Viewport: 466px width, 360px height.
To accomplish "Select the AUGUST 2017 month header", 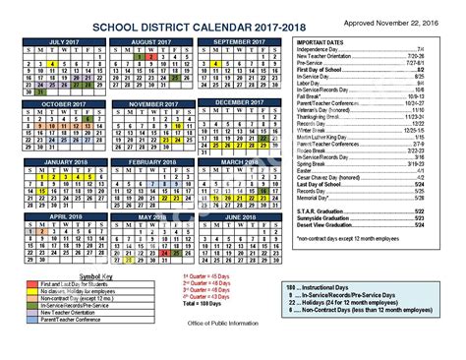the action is coord(158,42).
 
